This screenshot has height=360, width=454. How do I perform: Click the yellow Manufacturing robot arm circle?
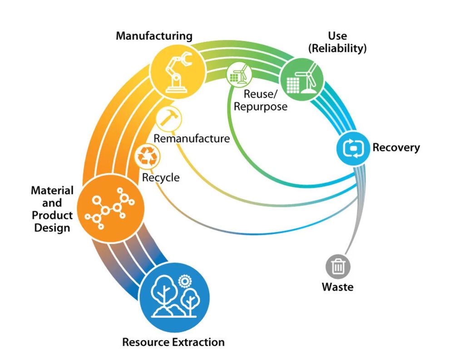coord(178,72)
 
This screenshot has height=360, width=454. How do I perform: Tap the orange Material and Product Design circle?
coord(110,208)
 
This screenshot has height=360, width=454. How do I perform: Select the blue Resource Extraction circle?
coord(174,297)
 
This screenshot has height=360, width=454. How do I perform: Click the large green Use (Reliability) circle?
coord(302,79)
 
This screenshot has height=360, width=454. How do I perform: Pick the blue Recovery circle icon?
coord(353,148)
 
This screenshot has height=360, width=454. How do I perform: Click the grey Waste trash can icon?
coord(338,266)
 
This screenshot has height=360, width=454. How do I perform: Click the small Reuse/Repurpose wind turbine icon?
coord(239,74)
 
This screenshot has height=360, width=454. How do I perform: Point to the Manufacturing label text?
coord(154,36)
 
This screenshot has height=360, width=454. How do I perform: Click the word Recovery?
coord(396,148)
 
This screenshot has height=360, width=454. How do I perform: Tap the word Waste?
coord(338,287)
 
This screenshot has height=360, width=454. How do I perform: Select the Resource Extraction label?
coord(173,342)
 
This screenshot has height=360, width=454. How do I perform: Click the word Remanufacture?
coord(192,138)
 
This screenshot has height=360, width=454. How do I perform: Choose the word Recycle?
coord(161,178)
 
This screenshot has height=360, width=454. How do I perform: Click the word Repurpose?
coord(261,107)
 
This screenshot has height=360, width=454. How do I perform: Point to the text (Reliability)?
coord(337,48)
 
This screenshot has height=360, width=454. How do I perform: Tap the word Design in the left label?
coord(52,227)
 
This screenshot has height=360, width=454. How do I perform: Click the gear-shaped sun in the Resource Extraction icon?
coord(185,281)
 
